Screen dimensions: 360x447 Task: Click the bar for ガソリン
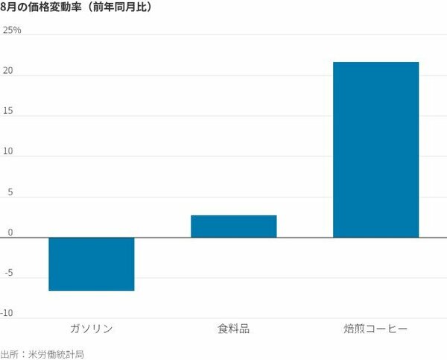tap(92, 264)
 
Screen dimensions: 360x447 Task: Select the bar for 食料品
tap(233, 226)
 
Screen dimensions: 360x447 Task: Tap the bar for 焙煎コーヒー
tap(375, 149)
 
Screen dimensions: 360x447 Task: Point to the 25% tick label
tap(12, 30)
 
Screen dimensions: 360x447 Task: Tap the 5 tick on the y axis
tap(10, 192)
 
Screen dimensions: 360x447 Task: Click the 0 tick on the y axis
tap(10, 232)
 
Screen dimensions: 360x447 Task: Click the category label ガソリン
tap(92, 328)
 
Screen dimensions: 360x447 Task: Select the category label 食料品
tap(233, 328)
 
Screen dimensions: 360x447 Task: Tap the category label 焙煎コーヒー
tap(375, 328)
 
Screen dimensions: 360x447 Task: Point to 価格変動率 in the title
tap(57, 8)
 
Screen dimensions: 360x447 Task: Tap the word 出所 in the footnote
tap(10, 353)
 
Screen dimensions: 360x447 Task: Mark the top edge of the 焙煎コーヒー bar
tap(375, 63)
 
